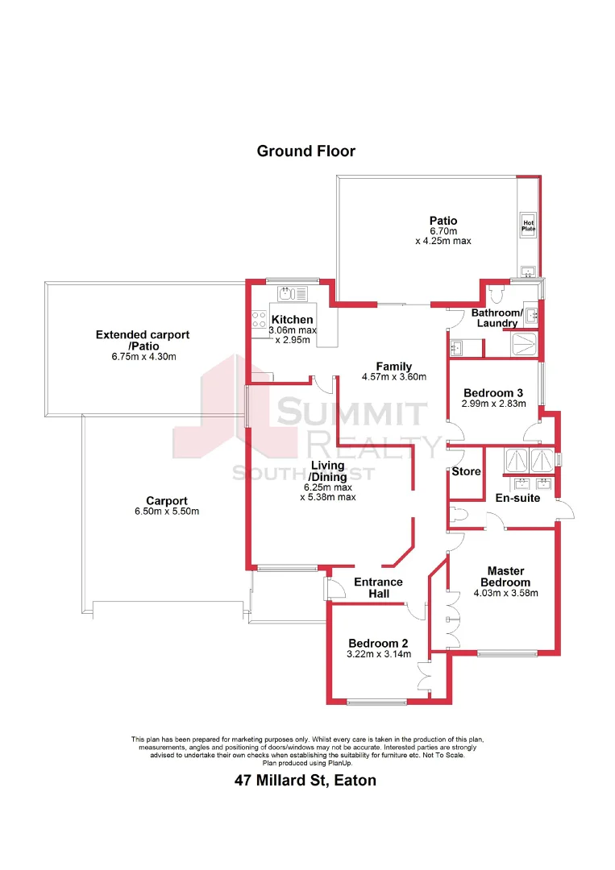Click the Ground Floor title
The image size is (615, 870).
[x=305, y=151]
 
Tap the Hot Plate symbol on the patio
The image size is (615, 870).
[x=529, y=226]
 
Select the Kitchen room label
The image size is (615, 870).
[x=292, y=320]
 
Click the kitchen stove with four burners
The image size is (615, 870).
[x=260, y=320]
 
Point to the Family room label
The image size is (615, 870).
[x=393, y=367]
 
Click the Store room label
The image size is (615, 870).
[x=466, y=471]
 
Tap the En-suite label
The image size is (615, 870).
[x=517, y=499]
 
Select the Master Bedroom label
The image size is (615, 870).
[x=505, y=577]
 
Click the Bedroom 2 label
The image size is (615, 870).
[x=378, y=643]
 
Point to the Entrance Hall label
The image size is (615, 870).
[x=379, y=588]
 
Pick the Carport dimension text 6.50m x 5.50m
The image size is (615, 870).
[x=167, y=512]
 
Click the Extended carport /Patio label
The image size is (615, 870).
[x=143, y=340]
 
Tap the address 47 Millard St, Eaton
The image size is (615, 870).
[x=305, y=780]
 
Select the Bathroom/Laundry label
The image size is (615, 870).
[x=497, y=317]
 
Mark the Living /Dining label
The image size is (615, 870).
[x=327, y=470]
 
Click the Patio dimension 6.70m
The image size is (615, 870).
[x=443, y=230]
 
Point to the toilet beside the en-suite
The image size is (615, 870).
[x=456, y=515]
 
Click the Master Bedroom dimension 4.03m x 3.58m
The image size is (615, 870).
[x=505, y=593]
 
